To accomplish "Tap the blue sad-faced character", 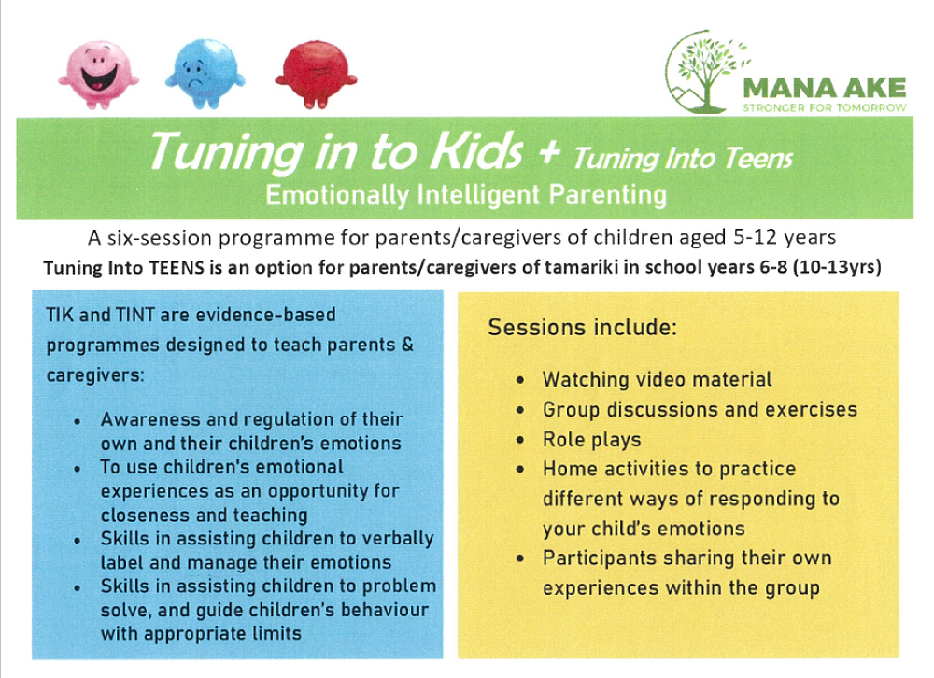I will pyautogui.click(x=204, y=77).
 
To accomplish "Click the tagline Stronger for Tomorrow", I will pyautogui.click(x=824, y=107).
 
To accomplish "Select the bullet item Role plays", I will pyautogui.click(x=591, y=439).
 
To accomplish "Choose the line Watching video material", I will pyautogui.click(x=657, y=379).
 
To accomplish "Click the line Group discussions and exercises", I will pyautogui.click(x=699, y=409).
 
